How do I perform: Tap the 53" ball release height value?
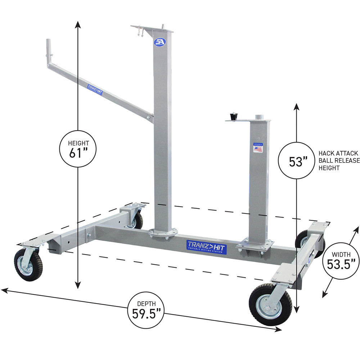[x=297, y=162]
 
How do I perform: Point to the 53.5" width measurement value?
[x=341, y=265]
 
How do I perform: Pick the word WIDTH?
[x=341, y=254]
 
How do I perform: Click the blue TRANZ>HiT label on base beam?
[x=207, y=247]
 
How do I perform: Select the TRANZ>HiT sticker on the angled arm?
[x=95, y=89]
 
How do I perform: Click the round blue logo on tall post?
[x=159, y=42]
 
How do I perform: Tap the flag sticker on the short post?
[x=258, y=148]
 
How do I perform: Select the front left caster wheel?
[x=28, y=264]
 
